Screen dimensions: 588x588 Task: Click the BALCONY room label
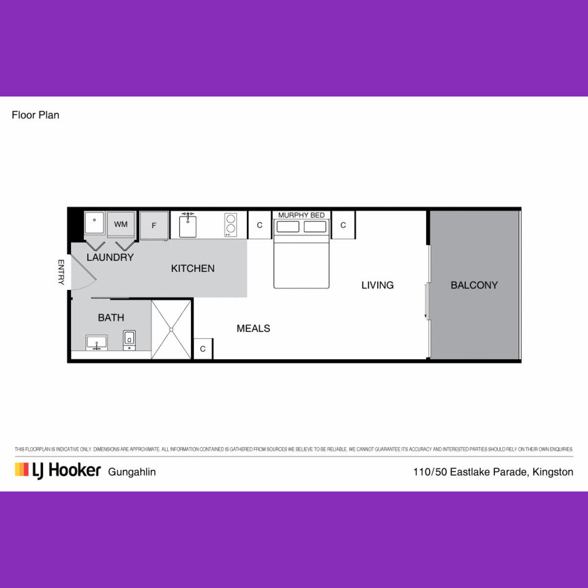tap(474, 285)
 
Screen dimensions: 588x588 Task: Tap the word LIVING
tap(377, 285)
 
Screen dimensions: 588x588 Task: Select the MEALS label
tap(253, 328)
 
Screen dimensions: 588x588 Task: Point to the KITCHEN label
tap(193, 269)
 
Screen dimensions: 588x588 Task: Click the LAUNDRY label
tap(110, 258)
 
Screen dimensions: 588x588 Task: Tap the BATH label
tap(111, 318)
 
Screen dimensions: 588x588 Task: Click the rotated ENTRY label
tap(61, 272)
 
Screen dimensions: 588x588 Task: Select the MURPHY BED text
tap(301, 215)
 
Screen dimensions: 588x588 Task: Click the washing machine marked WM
tap(121, 224)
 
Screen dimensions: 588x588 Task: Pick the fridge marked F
tap(154, 225)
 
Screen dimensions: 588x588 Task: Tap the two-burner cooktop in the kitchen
tap(231, 225)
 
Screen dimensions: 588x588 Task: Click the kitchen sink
tap(188, 226)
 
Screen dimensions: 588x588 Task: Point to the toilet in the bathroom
tap(129, 340)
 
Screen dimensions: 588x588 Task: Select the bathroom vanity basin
tap(97, 342)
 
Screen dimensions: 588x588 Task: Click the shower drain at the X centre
tap(171, 330)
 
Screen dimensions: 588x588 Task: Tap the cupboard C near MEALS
tap(203, 349)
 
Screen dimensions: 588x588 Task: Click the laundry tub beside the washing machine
tap(94, 223)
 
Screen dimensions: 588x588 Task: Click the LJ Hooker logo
tap(58, 471)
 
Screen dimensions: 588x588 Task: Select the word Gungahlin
tap(132, 472)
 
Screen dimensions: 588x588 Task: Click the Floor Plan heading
tap(35, 115)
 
